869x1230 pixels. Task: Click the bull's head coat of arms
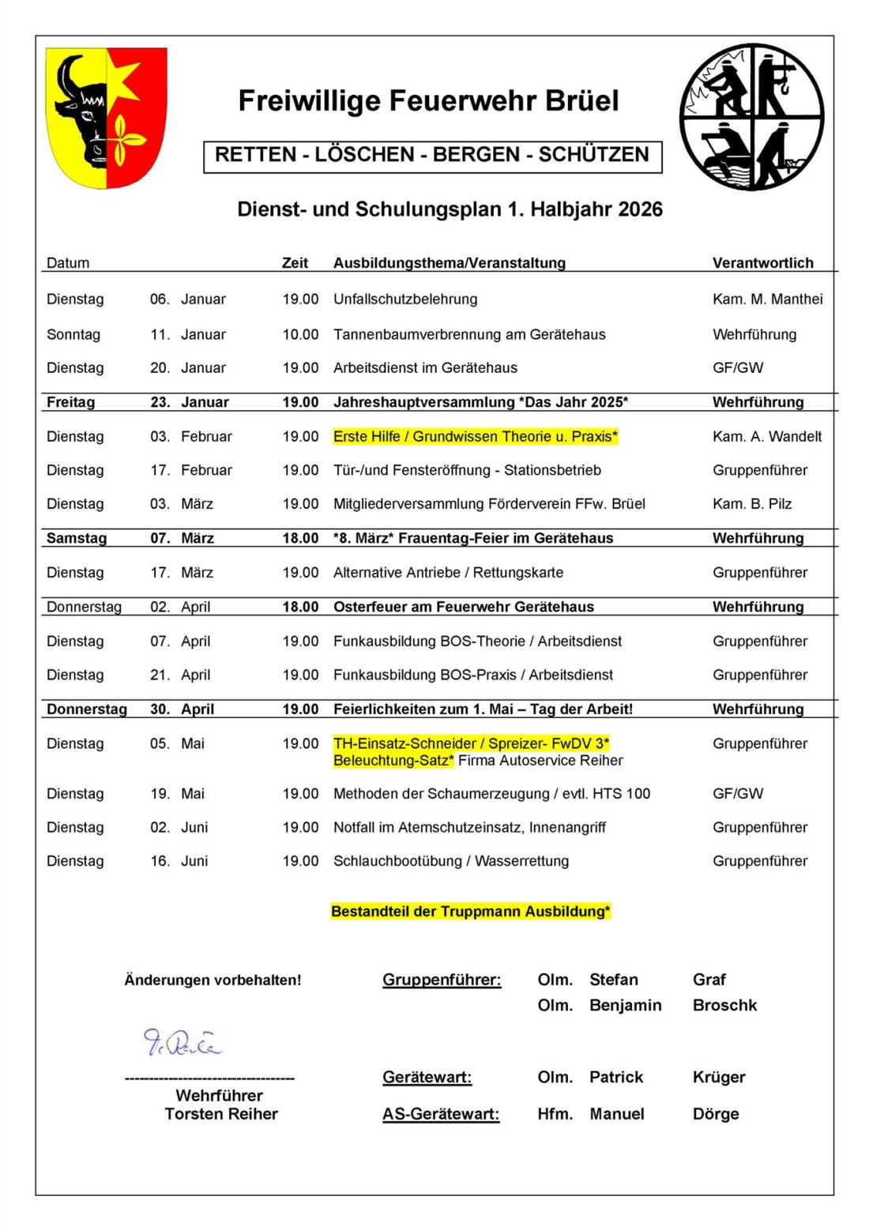tap(106, 117)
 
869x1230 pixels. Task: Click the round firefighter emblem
tap(751, 117)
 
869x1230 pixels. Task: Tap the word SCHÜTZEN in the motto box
tap(593, 155)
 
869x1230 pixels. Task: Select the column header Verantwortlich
tap(762, 263)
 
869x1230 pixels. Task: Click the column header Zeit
tap(295, 263)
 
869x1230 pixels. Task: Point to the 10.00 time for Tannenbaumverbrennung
tap(300, 335)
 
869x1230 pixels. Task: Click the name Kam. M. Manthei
tap(767, 299)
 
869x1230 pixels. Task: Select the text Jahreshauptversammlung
tap(423, 402)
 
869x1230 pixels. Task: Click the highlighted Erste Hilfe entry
tap(475, 437)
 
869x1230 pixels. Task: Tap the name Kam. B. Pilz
tap(751, 504)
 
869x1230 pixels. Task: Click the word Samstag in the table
tap(76, 539)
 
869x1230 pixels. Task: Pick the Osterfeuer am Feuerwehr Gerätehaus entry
tap(463, 607)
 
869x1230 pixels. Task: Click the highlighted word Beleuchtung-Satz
tap(393, 761)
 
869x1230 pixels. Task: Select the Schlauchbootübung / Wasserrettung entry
tap(450, 861)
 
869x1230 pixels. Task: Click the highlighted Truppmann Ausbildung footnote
tap(470, 912)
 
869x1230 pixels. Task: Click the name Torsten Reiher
tap(221, 1114)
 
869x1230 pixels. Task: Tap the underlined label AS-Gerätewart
tap(440, 1114)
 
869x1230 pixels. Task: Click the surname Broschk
tap(724, 1006)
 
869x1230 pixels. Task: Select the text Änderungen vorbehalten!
tap(213, 980)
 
